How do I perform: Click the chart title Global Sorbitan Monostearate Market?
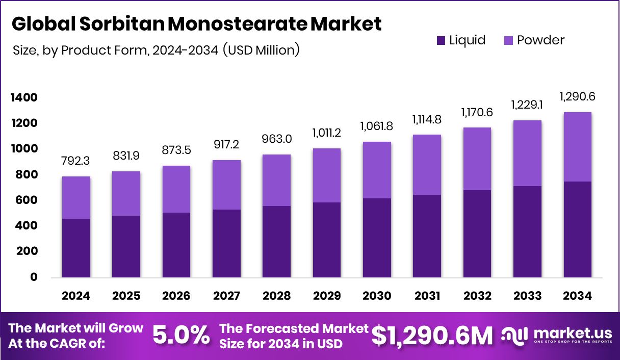[196, 24]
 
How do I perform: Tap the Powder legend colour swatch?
[508, 40]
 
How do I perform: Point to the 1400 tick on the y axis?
[24, 97]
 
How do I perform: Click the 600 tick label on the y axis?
[27, 200]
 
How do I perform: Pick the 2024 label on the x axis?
[76, 296]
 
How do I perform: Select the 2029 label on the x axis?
[327, 296]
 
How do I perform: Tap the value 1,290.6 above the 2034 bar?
[577, 96]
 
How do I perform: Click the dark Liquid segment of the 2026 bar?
[176, 245]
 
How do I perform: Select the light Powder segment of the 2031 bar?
[427, 165]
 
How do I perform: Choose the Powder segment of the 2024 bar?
[76, 197]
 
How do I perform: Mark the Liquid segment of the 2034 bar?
[577, 229]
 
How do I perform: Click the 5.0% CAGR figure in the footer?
[181, 335]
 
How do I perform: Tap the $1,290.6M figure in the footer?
[432, 335]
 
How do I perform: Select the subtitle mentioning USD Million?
[155, 50]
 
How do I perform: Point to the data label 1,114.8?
[427, 120]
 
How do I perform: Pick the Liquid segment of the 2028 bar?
[277, 242]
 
